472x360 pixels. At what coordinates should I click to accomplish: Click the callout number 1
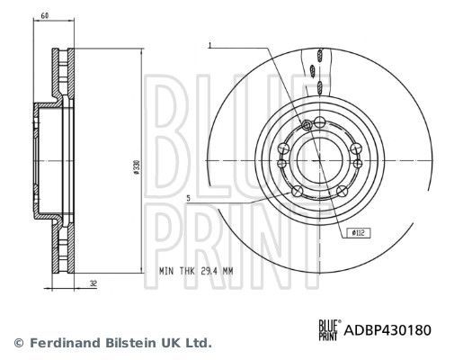click(209, 45)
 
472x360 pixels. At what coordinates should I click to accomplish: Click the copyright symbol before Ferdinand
click(18, 344)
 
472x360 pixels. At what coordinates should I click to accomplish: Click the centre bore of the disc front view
click(319, 160)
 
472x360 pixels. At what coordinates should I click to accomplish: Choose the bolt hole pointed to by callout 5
click(298, 191)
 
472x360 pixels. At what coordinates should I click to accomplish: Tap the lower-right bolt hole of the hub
click(344, 191)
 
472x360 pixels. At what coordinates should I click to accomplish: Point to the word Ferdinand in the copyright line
click(65, 344)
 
